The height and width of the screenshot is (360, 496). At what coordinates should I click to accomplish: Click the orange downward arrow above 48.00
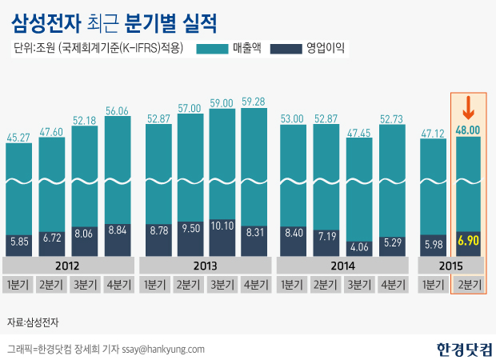468,107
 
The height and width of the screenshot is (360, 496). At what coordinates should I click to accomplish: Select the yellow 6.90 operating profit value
468,240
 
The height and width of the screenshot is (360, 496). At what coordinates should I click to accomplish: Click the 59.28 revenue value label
254,102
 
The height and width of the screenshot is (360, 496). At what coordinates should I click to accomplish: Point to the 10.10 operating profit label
222,226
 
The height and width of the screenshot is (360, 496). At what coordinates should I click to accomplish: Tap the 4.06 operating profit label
358,246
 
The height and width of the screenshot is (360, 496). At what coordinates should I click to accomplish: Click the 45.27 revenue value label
19,138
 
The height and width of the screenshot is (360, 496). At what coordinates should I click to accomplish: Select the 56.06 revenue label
118,111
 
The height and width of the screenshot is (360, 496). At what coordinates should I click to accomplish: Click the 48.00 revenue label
468,130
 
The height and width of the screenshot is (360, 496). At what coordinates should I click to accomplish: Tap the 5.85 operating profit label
19,240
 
